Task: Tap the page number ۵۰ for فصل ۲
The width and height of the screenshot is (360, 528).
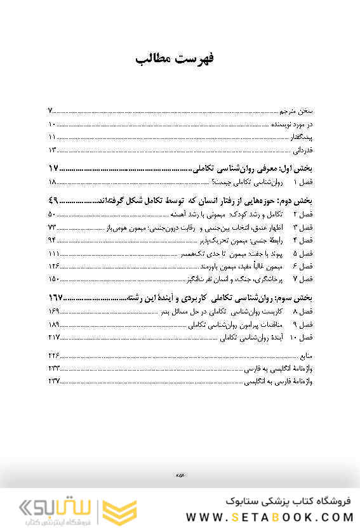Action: click(x=53, y=214)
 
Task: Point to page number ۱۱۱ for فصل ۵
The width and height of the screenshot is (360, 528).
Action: click(x=53, y=253)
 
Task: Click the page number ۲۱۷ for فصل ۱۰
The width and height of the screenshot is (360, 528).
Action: click(x=53, y=336)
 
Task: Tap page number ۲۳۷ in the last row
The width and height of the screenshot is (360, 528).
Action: click(x=53, y=381)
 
